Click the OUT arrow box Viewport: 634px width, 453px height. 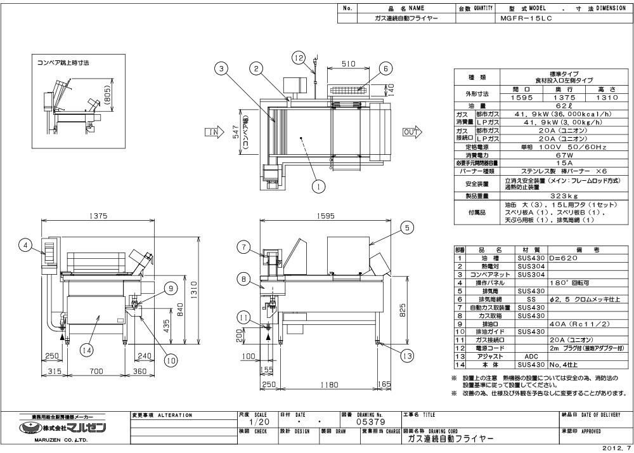click(x=411, y=132)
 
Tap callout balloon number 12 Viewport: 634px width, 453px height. click(x=299, y=56)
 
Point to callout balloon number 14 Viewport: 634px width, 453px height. click(x=87, y=349)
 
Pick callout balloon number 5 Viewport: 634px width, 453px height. click(x=406, y=226)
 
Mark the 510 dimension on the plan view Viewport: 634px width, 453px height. click(x=348, y=63)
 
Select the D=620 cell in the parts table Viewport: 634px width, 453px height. click(x=554, y=259)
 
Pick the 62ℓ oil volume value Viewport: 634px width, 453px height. click(x=545, y=106)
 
